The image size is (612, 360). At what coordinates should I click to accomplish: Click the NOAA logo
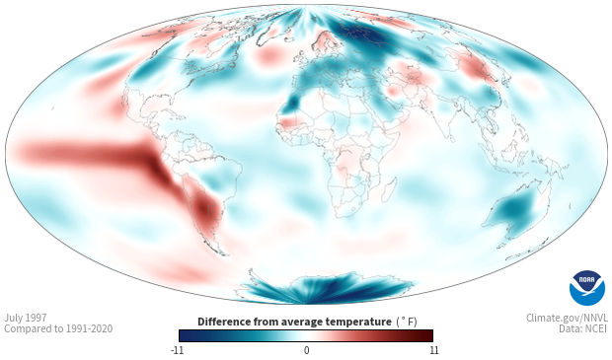pos(587,288)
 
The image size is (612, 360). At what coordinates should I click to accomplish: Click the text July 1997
pos(26,318)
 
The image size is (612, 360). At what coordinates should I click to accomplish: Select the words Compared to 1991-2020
pos(58,328)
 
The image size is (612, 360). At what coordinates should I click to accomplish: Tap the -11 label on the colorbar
pos(177,350)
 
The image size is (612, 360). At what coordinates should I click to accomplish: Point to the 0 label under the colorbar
pos(306,350)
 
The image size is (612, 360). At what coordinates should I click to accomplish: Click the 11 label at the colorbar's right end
pos(433,350)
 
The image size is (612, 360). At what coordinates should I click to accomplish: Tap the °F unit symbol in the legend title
pos(407,323)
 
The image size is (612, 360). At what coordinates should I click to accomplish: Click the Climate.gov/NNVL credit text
pos(567,318)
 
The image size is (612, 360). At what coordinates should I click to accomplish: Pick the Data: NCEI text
pos(583,328)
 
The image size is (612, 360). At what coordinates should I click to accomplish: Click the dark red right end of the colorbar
pos(426,335)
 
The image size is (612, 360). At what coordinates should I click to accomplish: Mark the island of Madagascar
pos(389,189)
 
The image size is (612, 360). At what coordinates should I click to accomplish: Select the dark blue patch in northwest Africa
pos(293,102)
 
